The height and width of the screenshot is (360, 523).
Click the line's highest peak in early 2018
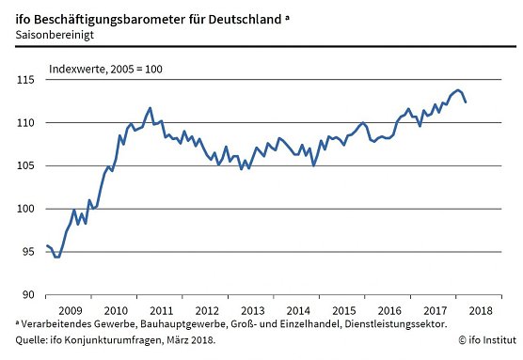tap(457, 90)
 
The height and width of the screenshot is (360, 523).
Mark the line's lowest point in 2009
tap(56, 257)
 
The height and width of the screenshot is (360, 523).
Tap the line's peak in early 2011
tap(151, 108)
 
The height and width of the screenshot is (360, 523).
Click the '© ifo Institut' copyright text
tap(486, 340)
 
